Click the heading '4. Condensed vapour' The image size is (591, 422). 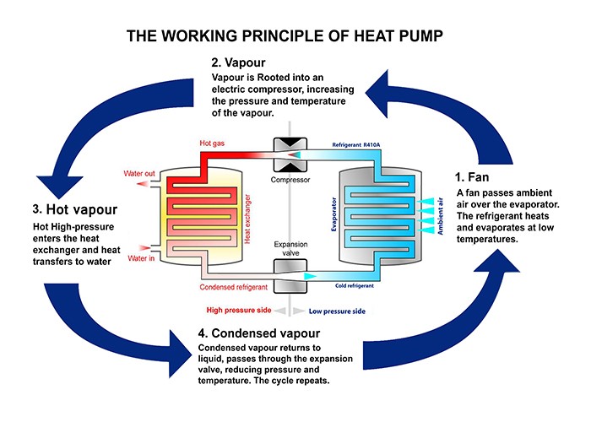pyautogui.click(x=263, y=333)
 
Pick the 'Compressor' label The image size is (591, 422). pyautogui.click(x=289, y=180)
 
